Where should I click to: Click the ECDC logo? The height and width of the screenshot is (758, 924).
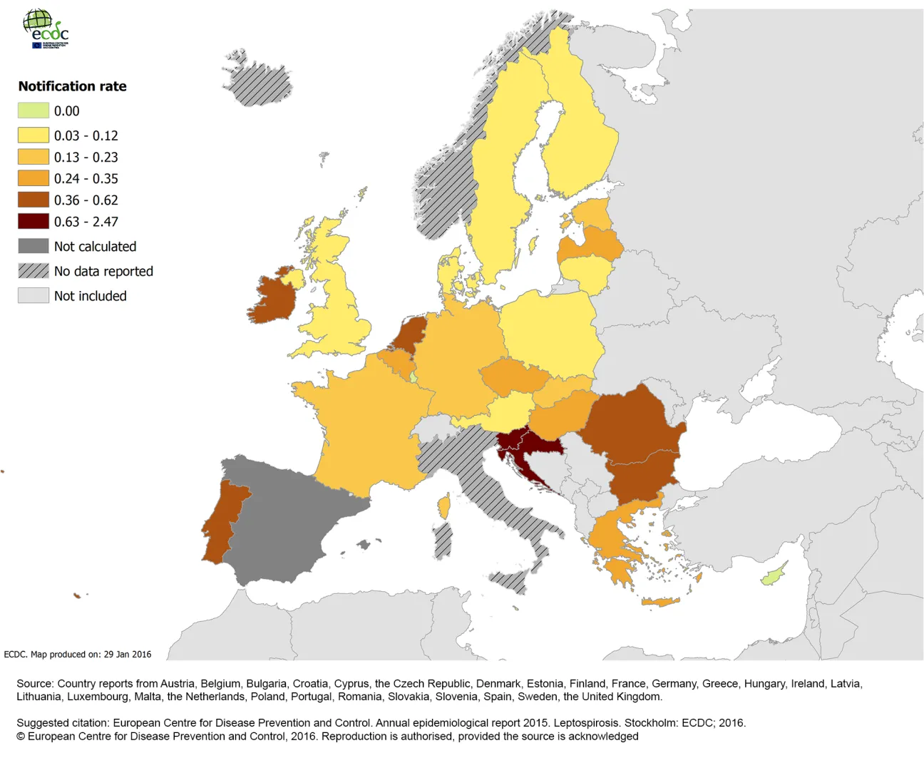(x=46, y=29)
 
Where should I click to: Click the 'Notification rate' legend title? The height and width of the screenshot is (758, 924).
(x=72, y=86)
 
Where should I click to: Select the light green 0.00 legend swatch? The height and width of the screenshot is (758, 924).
(x=34, y=111)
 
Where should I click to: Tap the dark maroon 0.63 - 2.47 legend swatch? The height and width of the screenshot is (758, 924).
(x=34, y=221)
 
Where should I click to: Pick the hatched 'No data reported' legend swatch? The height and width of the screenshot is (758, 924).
(x=34, y=271)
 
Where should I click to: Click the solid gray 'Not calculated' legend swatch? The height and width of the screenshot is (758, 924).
(x=34, y=246)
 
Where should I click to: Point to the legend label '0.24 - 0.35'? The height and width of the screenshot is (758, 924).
(x=86, y=179)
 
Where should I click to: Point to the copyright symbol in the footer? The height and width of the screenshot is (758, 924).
(x=21, y=737)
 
